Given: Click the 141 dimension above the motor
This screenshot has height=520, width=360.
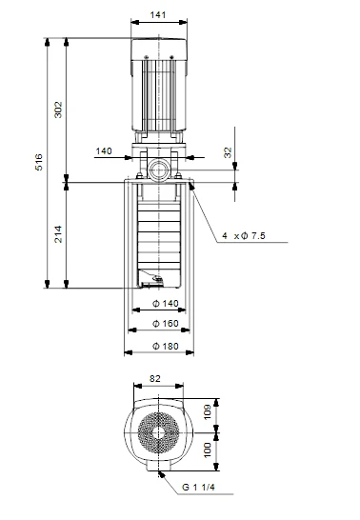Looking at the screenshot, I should tap(158, 15).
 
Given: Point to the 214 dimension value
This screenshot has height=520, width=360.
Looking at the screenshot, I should tap(58, 234).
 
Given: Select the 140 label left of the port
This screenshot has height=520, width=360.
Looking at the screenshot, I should tap(104, 150).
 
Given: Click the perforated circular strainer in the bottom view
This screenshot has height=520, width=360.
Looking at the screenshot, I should tap(154, 435).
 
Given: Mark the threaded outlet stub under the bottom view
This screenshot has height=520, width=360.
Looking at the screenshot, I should tap(157, 473).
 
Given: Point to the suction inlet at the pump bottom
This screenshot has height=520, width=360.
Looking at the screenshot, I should tap(153, 281).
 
